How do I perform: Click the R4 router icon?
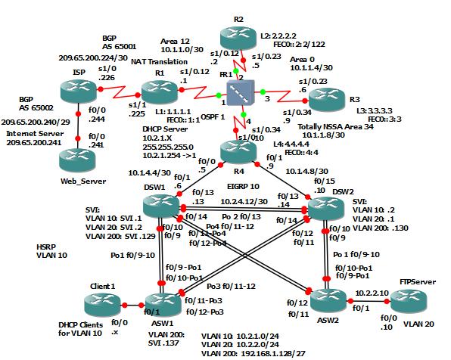(x=241, y=152)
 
